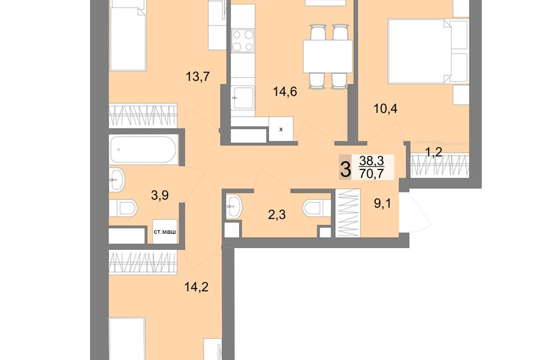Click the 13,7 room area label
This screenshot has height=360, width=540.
pyautogui.click(x=197, y=76)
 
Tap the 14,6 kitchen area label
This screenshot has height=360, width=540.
pyautogui.click(x=285, y=92)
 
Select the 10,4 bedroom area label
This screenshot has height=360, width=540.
pyautogui.click(x=386, y=109)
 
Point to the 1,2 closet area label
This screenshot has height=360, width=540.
pyautogui.click(x=434, y=151)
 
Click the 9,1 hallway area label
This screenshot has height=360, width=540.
pyautogui.click(x=382, y=204)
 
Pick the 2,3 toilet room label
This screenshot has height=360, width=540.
pyautogui.click(x=277, y=215)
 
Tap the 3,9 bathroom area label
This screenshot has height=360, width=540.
pyautogui.click(x=160, y=195)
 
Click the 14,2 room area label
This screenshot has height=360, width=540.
pyautogui.click(x=197, y=287)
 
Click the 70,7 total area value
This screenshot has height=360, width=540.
pyautogui.click(x=371, y=174)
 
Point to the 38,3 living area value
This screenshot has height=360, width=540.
pyautogui.click(x=371, y=160)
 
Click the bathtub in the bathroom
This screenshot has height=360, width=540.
pyautogui.click(x=143, y=150)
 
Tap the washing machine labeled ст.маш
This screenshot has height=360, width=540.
pyautogui.click(x=165, y=232)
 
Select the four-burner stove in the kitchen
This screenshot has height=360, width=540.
pyautogui.click(x=243, y=41)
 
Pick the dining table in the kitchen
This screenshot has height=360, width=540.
pyautogui.click(x=328, y=56)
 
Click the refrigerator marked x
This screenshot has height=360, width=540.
pyautogui.click(x=281, y=129)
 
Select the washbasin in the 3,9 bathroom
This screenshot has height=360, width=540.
pyautogui.click(x=117, y=179)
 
